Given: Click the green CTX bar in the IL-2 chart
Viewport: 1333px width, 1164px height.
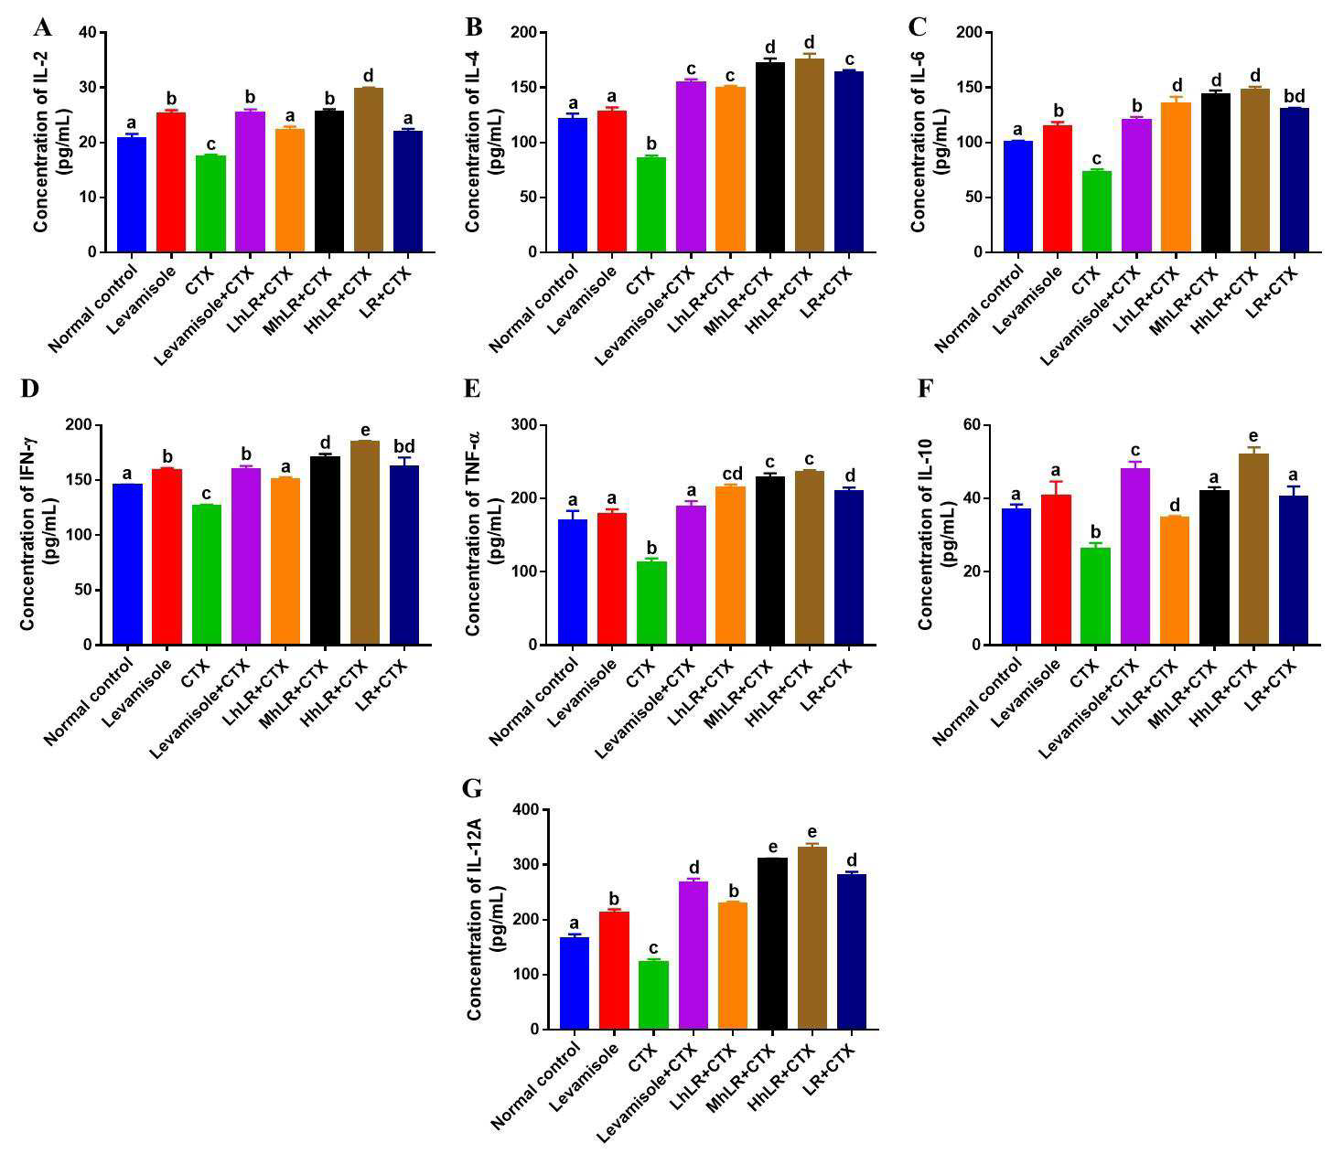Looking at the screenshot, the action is click(x=210, y=204).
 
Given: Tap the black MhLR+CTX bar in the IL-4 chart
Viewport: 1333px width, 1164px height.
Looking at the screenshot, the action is click(x=770, y=157).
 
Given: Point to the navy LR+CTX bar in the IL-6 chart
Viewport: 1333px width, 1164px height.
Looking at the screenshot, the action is click(x=1294, y=180).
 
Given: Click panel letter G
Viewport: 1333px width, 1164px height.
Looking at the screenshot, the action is click(x=472, y=788).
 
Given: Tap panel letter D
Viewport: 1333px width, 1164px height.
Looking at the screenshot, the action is click(x=30, y=388).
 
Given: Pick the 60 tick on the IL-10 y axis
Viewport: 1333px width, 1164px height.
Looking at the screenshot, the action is click(x=971, y=425).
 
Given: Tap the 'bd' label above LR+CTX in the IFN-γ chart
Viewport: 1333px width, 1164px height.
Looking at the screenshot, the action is click(x=404, y=446).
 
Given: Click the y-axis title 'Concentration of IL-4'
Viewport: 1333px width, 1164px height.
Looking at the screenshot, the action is click(x=472, y=142).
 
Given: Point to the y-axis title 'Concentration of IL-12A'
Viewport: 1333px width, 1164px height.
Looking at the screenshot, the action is click(x=474, y=919).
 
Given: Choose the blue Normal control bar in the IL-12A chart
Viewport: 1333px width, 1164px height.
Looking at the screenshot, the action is click(x=574, y=984).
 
